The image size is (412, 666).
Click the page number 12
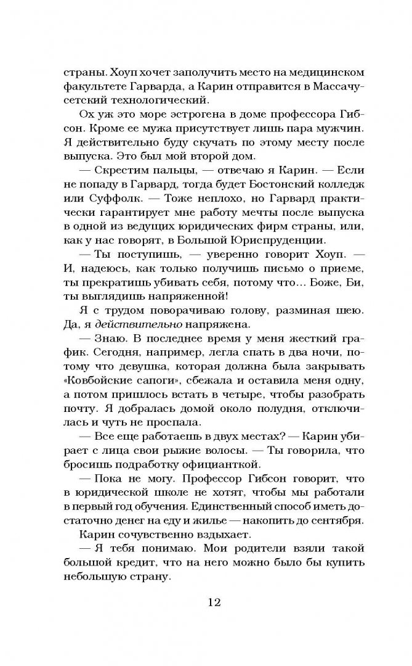pyautogui.click(x=206, y=602)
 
